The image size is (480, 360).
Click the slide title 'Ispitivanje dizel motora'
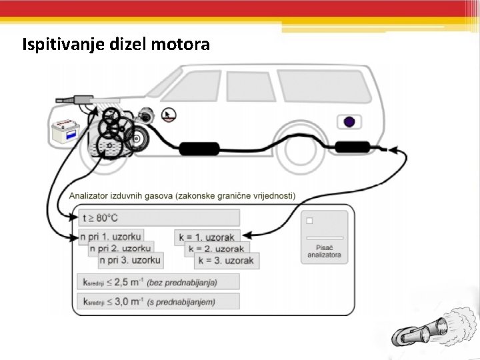click(116, 45)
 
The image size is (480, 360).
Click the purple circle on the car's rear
click(348, 122)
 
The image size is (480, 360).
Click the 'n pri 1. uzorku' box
click(111, 237)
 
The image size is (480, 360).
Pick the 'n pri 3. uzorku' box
click(131, 260)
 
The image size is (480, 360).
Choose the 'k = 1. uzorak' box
click(206, 237)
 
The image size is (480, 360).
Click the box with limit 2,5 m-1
click(159, 281)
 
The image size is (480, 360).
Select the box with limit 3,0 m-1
click(159, 301)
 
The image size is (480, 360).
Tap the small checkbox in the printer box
click(309, 220)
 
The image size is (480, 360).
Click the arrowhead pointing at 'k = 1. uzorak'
click(247, 235)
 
